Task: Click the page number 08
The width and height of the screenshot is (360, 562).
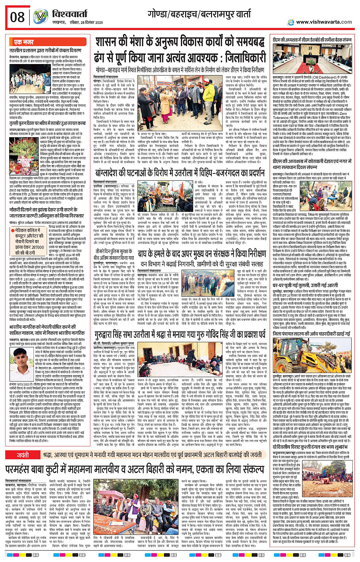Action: (x=17, y=17)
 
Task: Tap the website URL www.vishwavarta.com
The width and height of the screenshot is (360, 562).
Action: (x=324, y=22)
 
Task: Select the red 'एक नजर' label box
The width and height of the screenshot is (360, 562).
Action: (x=24, y=42)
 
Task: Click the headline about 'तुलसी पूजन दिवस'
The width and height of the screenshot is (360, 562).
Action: (x=47, y=124)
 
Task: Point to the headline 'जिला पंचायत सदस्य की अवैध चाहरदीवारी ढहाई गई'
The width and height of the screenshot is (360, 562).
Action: (x=312, y=334)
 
